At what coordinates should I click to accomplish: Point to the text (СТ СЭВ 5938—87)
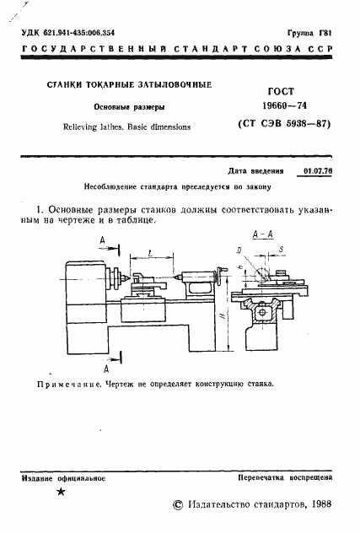(x=278, y=125)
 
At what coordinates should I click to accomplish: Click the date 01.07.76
(x=315, y=170)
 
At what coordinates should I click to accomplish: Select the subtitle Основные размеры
(x=128, y=107)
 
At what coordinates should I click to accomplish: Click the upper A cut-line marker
(x=101, y=242)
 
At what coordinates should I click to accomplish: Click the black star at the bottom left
(x=60, y=493)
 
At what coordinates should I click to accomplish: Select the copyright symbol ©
(x=177, y=503)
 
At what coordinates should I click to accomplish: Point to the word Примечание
(x=67, y=383)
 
